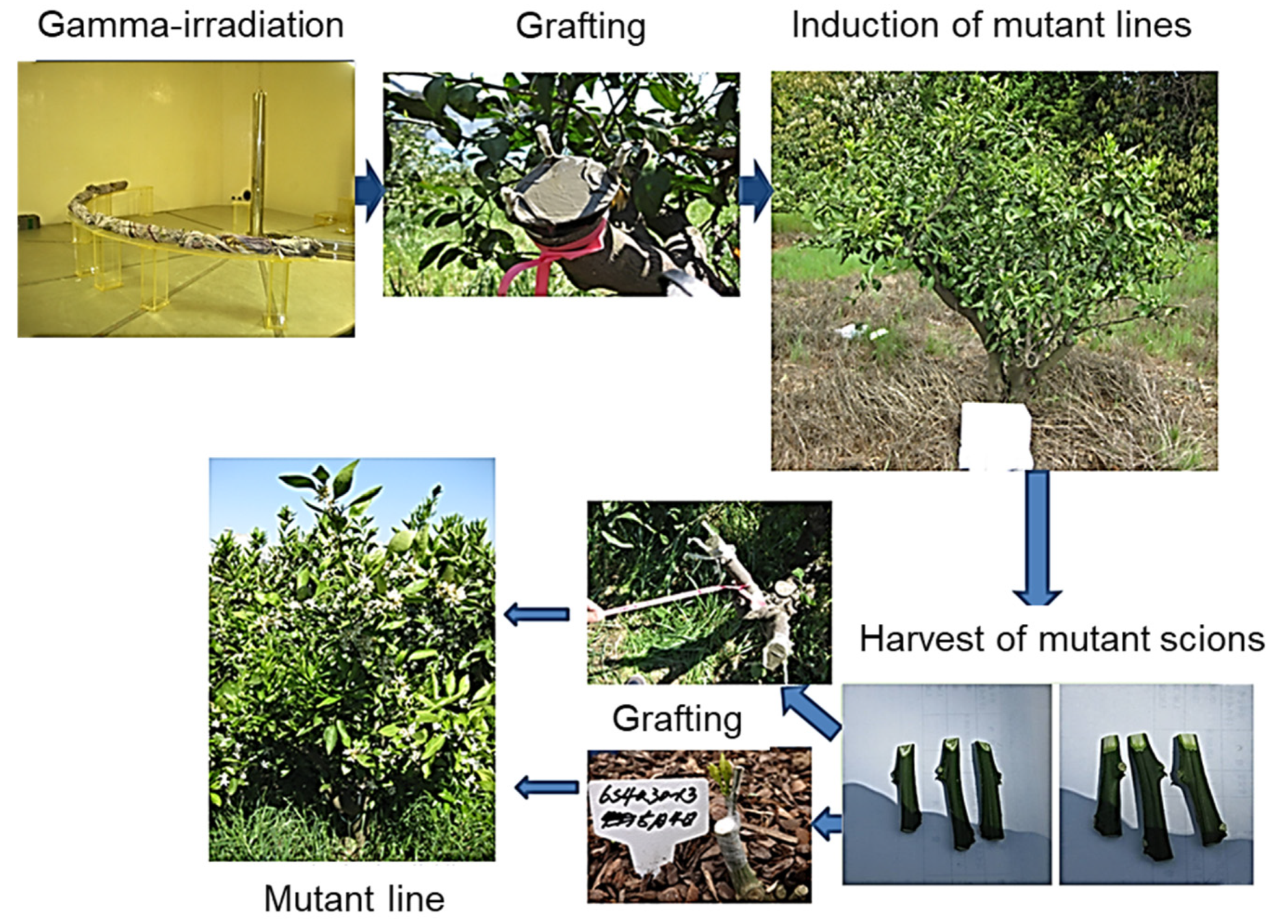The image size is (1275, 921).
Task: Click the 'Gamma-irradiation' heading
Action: coord(191,26)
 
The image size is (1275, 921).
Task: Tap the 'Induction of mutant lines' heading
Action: coord(991,26)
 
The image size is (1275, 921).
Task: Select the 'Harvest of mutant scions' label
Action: coord(1061,639)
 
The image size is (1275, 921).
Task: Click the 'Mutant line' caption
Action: coord(354,899)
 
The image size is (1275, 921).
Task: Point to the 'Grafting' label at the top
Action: coord(580,27)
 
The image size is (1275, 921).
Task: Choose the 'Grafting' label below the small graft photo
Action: coord(677,719)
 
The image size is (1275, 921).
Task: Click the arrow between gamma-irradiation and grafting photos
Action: coord(370,191)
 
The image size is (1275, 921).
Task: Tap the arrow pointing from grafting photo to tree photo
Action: coord(755,190)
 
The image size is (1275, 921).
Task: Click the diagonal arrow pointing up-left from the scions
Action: coord(810,712)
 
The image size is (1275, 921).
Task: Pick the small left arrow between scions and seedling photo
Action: coord(827,824)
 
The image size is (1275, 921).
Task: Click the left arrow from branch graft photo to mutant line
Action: coord(537,615)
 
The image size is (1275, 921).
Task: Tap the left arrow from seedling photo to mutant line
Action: coord(547,787)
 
